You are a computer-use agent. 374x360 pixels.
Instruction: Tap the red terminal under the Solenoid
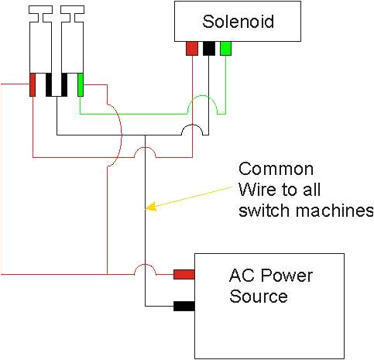191,49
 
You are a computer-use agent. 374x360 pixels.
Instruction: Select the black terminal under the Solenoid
208,49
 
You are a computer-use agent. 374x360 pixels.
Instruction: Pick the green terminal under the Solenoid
225,49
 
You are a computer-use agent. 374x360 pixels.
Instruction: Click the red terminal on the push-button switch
33,84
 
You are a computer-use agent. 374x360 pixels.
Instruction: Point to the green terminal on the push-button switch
81,84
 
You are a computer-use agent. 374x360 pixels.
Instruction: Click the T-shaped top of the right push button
71,12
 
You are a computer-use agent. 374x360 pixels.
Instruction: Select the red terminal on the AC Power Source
184,274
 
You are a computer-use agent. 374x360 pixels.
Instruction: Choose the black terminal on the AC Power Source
184,306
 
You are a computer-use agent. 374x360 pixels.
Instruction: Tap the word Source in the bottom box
259,297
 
